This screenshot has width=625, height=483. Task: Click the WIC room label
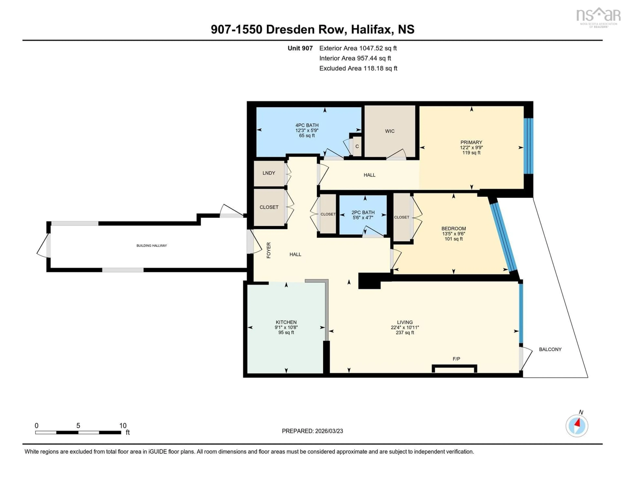coord(389,131)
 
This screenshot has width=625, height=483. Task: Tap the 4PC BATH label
coord(307,125)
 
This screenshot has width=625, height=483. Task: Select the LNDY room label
coord(269,173)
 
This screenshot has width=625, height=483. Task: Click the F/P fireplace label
coord(456,359)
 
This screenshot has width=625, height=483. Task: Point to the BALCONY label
coord(550,349)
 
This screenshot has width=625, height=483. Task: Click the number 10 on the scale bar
coord(123,426)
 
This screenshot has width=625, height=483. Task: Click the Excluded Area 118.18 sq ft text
coord(358,68)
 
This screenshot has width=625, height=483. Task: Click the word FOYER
coord(268,250)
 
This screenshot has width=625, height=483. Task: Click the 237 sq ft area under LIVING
coord(405,332)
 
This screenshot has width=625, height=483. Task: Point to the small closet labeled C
coord(357,146)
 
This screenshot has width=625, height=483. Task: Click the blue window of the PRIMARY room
coord(528,146)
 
